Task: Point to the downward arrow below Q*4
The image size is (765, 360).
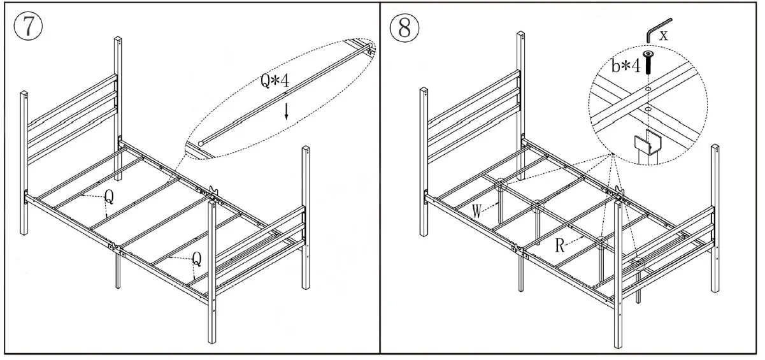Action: (287, 112)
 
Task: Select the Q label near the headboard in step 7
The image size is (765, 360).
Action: (109, 198)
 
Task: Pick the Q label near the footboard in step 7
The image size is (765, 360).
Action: (197, 258)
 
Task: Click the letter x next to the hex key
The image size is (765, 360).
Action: (664, 36)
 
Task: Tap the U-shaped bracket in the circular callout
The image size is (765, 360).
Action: (648, 143)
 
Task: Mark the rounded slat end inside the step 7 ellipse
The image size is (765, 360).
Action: (201, 144)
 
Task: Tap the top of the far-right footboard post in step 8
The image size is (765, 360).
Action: (715, 149)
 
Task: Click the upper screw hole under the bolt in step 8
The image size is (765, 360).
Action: (648, 89)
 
